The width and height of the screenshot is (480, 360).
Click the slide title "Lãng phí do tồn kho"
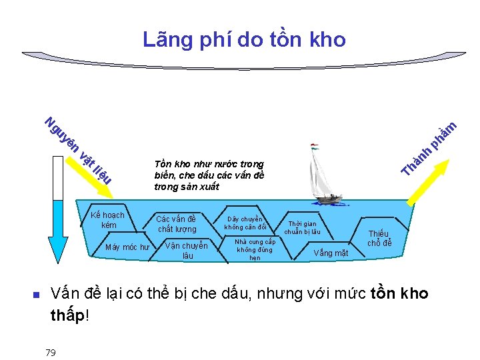tap(244, 40)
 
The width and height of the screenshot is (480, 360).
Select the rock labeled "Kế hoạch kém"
tap(109, 220)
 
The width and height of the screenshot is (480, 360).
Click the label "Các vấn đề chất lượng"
tap(177, 223)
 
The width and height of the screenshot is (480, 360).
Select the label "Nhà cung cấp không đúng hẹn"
tap(255, 249)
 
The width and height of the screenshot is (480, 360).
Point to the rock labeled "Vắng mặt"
tap(331, 253)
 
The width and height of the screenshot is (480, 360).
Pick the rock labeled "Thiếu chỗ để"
tap(380, 238)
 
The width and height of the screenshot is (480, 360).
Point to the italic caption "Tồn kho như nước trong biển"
tap(208, 175)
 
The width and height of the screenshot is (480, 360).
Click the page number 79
tap(51, 352)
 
